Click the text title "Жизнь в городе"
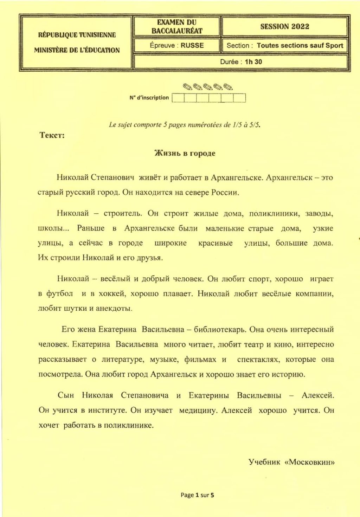[x=185, y=153]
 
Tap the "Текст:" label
[x=52, y=136]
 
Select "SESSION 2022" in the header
[x=285, y=26]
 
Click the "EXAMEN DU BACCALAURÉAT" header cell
[x=177, y=27]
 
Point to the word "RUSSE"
[x=192, y=45]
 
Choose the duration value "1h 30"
[x=253, y=62]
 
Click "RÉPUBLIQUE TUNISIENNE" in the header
[x=77, y=35]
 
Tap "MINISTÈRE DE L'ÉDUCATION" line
[x=77, y=50]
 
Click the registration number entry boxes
[x=209, y=98]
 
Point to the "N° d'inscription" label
[x=149, y=98]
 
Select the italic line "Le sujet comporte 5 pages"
[x=185, y=125]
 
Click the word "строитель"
[x=123, y=213]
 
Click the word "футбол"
[x=60, y=293]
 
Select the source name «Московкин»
[x=309, y=462]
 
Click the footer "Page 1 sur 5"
[x=197, y=495]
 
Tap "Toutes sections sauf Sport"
[x=300, y=45]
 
